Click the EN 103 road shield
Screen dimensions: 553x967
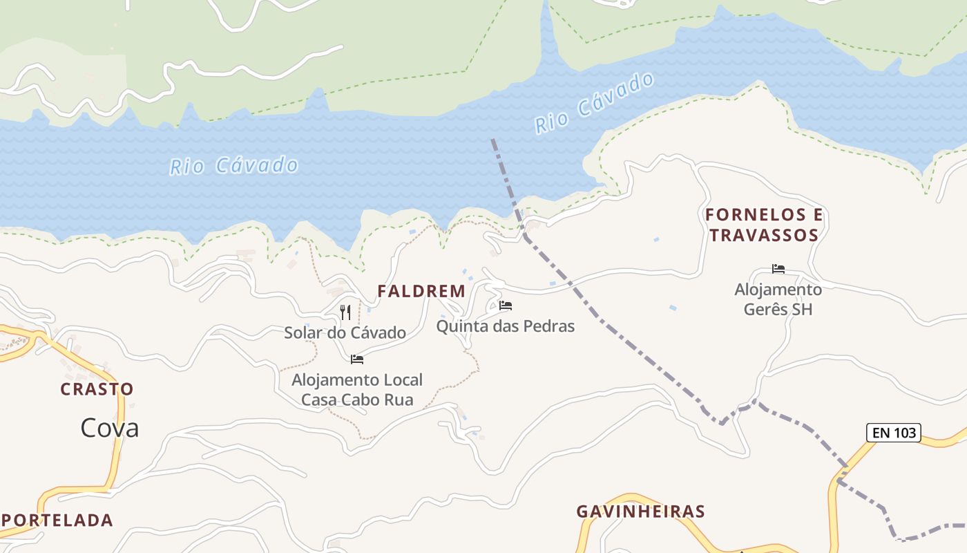(x=894, y=433)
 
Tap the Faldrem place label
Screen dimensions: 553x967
(x=421, y=292)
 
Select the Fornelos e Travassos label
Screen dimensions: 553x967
(x=764, y=225)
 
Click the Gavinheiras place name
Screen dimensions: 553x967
(x=640, y=512)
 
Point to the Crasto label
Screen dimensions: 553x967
(x=97, y=389)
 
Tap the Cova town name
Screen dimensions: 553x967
(x=109, y=428)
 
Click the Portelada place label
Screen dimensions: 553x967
(x=58, y=520)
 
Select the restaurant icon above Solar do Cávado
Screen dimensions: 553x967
(x=345, y=312)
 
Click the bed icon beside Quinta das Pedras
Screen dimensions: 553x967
(x=506, y=306)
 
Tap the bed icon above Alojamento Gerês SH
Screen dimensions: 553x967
(x=778, y=269)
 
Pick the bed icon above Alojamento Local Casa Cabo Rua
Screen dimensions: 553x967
(x=357, y=359)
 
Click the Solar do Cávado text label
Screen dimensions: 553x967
(x=345, y=332)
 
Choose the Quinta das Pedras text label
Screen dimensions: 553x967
(x=505, y=326)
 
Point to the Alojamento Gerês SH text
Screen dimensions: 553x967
(x=778, y=299)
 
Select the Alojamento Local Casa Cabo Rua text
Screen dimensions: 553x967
(x=357, y=390)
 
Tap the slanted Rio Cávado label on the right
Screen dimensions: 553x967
(x=594, y=104)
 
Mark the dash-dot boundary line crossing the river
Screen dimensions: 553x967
(x=506, y=180)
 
